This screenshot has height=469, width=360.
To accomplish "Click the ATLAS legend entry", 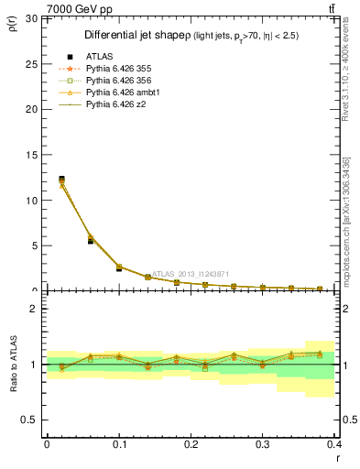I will [x=96, y=57].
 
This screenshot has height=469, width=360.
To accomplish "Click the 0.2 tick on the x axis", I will [x=191, y=443].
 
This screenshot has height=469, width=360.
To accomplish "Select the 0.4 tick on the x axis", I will [x=334, y=443].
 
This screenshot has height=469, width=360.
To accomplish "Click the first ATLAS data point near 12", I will [x=61, y=180].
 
